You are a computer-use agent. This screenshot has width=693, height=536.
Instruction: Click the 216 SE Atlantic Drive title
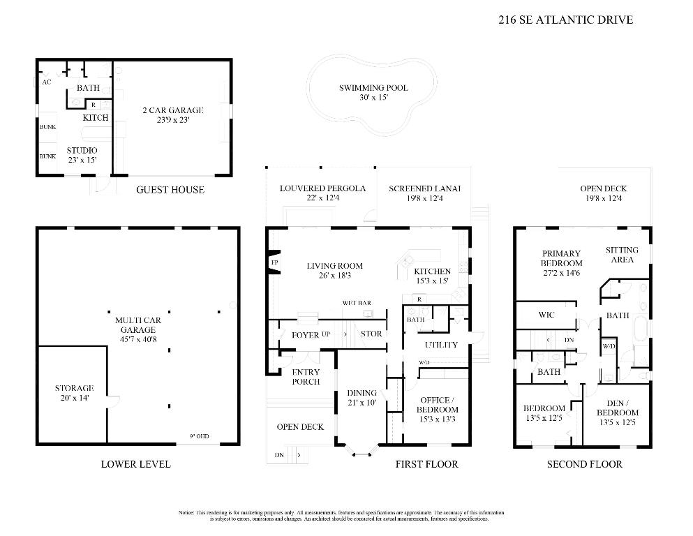pos(565,20)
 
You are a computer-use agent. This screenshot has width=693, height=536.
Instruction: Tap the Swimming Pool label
pos(373,88)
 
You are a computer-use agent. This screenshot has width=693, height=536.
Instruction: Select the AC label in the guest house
pos(47,82)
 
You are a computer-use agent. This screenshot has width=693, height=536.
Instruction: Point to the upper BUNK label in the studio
pos(47,127)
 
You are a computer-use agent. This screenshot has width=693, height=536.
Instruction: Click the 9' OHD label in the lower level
pos(199,437)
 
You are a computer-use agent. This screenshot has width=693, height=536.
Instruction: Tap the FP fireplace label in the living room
pos(274,263)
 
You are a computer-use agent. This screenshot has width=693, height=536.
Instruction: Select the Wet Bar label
pos(356,303)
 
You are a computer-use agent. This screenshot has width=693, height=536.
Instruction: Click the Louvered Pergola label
pos(322,188)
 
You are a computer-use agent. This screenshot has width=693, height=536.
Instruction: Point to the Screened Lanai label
pos(425,188)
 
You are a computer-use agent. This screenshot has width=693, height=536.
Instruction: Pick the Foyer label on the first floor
pos(305,335)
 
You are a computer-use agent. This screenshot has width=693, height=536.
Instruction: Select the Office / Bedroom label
pos(438,405)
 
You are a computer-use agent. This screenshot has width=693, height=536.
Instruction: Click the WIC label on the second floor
pos(546,315)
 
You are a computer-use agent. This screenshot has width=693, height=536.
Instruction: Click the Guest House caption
pos(170,190)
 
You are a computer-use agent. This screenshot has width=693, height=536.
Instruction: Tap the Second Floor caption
pos(584,464)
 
